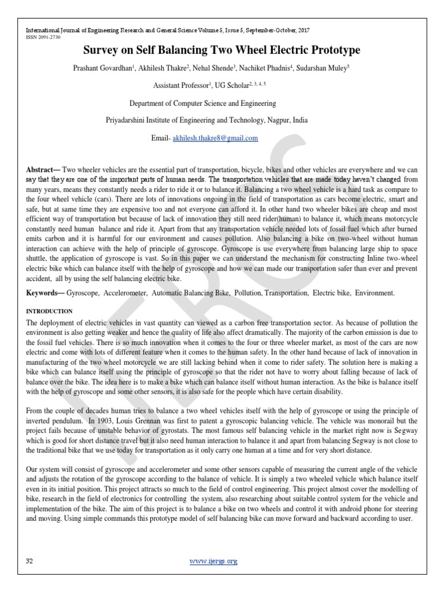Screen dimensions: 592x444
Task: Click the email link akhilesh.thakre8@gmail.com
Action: click(215, 139)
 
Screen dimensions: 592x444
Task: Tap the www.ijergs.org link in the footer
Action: click(214, 561)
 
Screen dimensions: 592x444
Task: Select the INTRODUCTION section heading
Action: click(49, 311)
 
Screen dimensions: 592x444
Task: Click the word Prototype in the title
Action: click(332, 51)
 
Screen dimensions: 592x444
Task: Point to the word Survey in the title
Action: click(103, 51)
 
